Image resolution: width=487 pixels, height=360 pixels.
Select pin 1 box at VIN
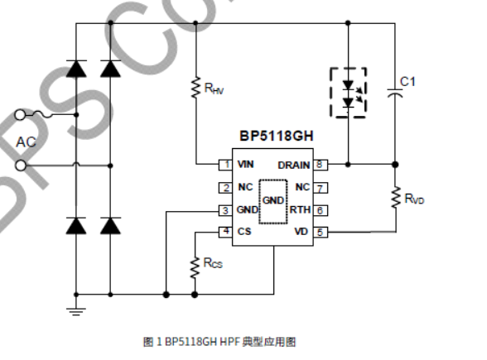[224, 165]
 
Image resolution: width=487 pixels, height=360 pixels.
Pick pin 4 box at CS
[224, 233]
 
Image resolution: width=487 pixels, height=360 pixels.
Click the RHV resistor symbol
[195, 87]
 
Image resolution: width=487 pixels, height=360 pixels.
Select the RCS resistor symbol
[195, 265]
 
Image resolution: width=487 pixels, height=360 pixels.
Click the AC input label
[27, 142]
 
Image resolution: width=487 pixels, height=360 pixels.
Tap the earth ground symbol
[76, 310]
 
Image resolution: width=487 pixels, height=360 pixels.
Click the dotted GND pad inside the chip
[272, 201]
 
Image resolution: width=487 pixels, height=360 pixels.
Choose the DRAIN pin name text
[293, 165]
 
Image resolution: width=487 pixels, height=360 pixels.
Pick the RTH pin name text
[299, 210]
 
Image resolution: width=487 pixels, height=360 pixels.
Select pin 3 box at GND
[224, 210]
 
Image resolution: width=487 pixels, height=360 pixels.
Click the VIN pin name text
[245, 165]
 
